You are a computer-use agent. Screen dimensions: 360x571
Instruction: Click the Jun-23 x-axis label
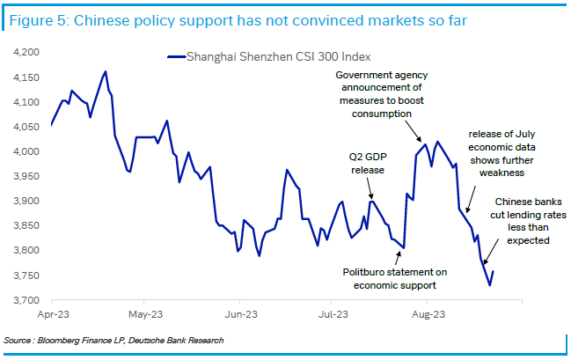239,312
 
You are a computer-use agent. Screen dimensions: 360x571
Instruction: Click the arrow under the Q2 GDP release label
370,190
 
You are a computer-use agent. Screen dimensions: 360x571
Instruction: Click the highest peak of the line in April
106,71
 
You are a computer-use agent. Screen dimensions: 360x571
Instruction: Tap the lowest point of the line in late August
514,285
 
